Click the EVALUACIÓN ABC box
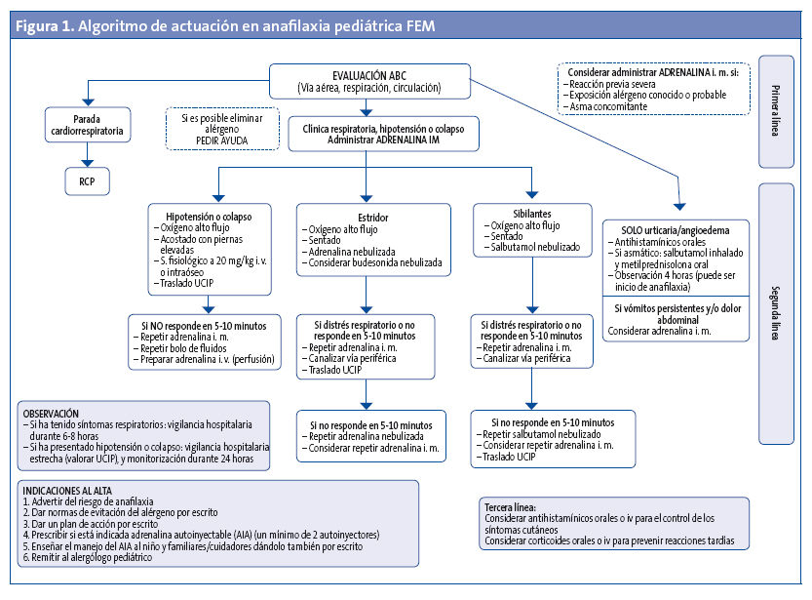[370, 80]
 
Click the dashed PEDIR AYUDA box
[221, 129]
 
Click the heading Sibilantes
[532, 213]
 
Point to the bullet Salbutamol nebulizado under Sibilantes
[535, 248]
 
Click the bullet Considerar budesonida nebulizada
[374, 262]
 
